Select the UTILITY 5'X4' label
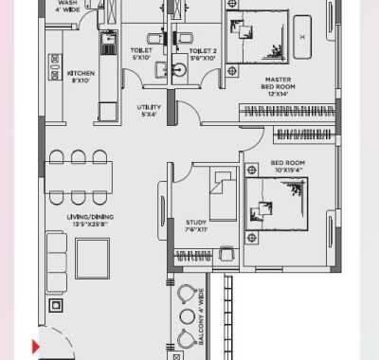[x=150, y=110]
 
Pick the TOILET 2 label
[x=203, y=54]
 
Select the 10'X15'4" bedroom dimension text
[x=288, y=170]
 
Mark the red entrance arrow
[x=37, y=347]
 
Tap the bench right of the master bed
[x=304, y=39]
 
